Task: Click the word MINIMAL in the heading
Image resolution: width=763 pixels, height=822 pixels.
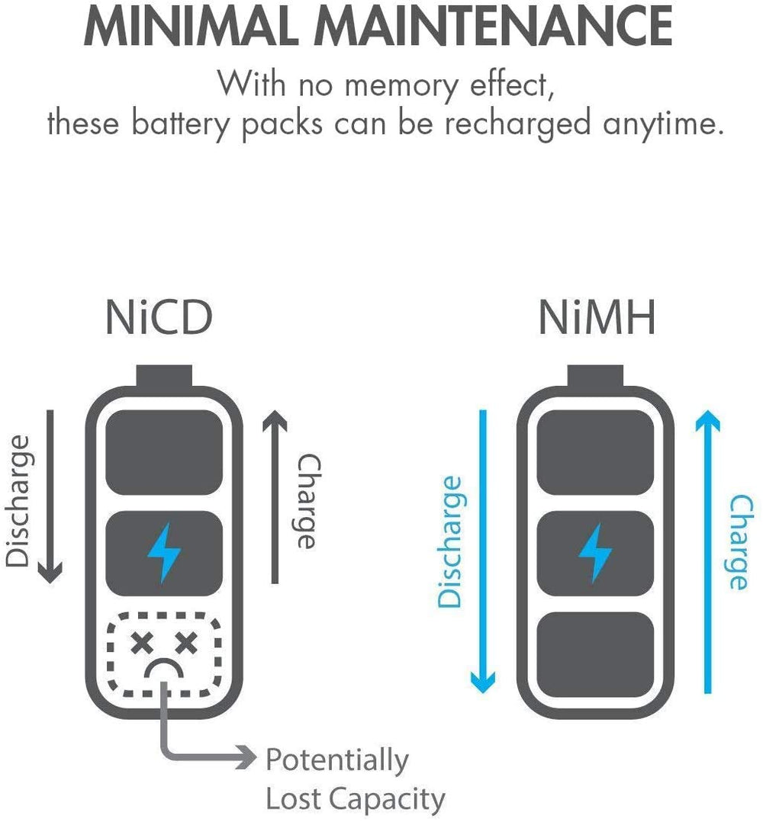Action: point(191,26)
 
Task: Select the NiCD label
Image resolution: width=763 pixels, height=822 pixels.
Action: point(159,317)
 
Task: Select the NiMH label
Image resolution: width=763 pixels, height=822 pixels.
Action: point(597,317)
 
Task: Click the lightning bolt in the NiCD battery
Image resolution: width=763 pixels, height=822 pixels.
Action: point(164,553)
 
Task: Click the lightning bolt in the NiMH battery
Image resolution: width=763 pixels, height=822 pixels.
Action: point(595,553)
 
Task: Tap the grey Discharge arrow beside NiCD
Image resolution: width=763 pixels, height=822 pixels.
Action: point(50,496)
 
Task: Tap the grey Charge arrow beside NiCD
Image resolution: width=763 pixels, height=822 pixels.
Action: point(275,496)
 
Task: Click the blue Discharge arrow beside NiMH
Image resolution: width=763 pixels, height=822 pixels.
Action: point(483,551)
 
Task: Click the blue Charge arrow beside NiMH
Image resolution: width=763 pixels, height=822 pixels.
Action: point(708,551)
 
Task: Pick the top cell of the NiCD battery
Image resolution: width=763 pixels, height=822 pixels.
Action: point(164,452)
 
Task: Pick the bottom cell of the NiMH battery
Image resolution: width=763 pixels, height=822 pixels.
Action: point(596,654)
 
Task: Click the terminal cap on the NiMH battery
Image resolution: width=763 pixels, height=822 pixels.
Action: point(596,375)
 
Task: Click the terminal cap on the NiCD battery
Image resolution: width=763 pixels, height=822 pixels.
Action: point(164,375)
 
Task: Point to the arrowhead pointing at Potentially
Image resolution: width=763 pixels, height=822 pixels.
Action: point(246,757)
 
